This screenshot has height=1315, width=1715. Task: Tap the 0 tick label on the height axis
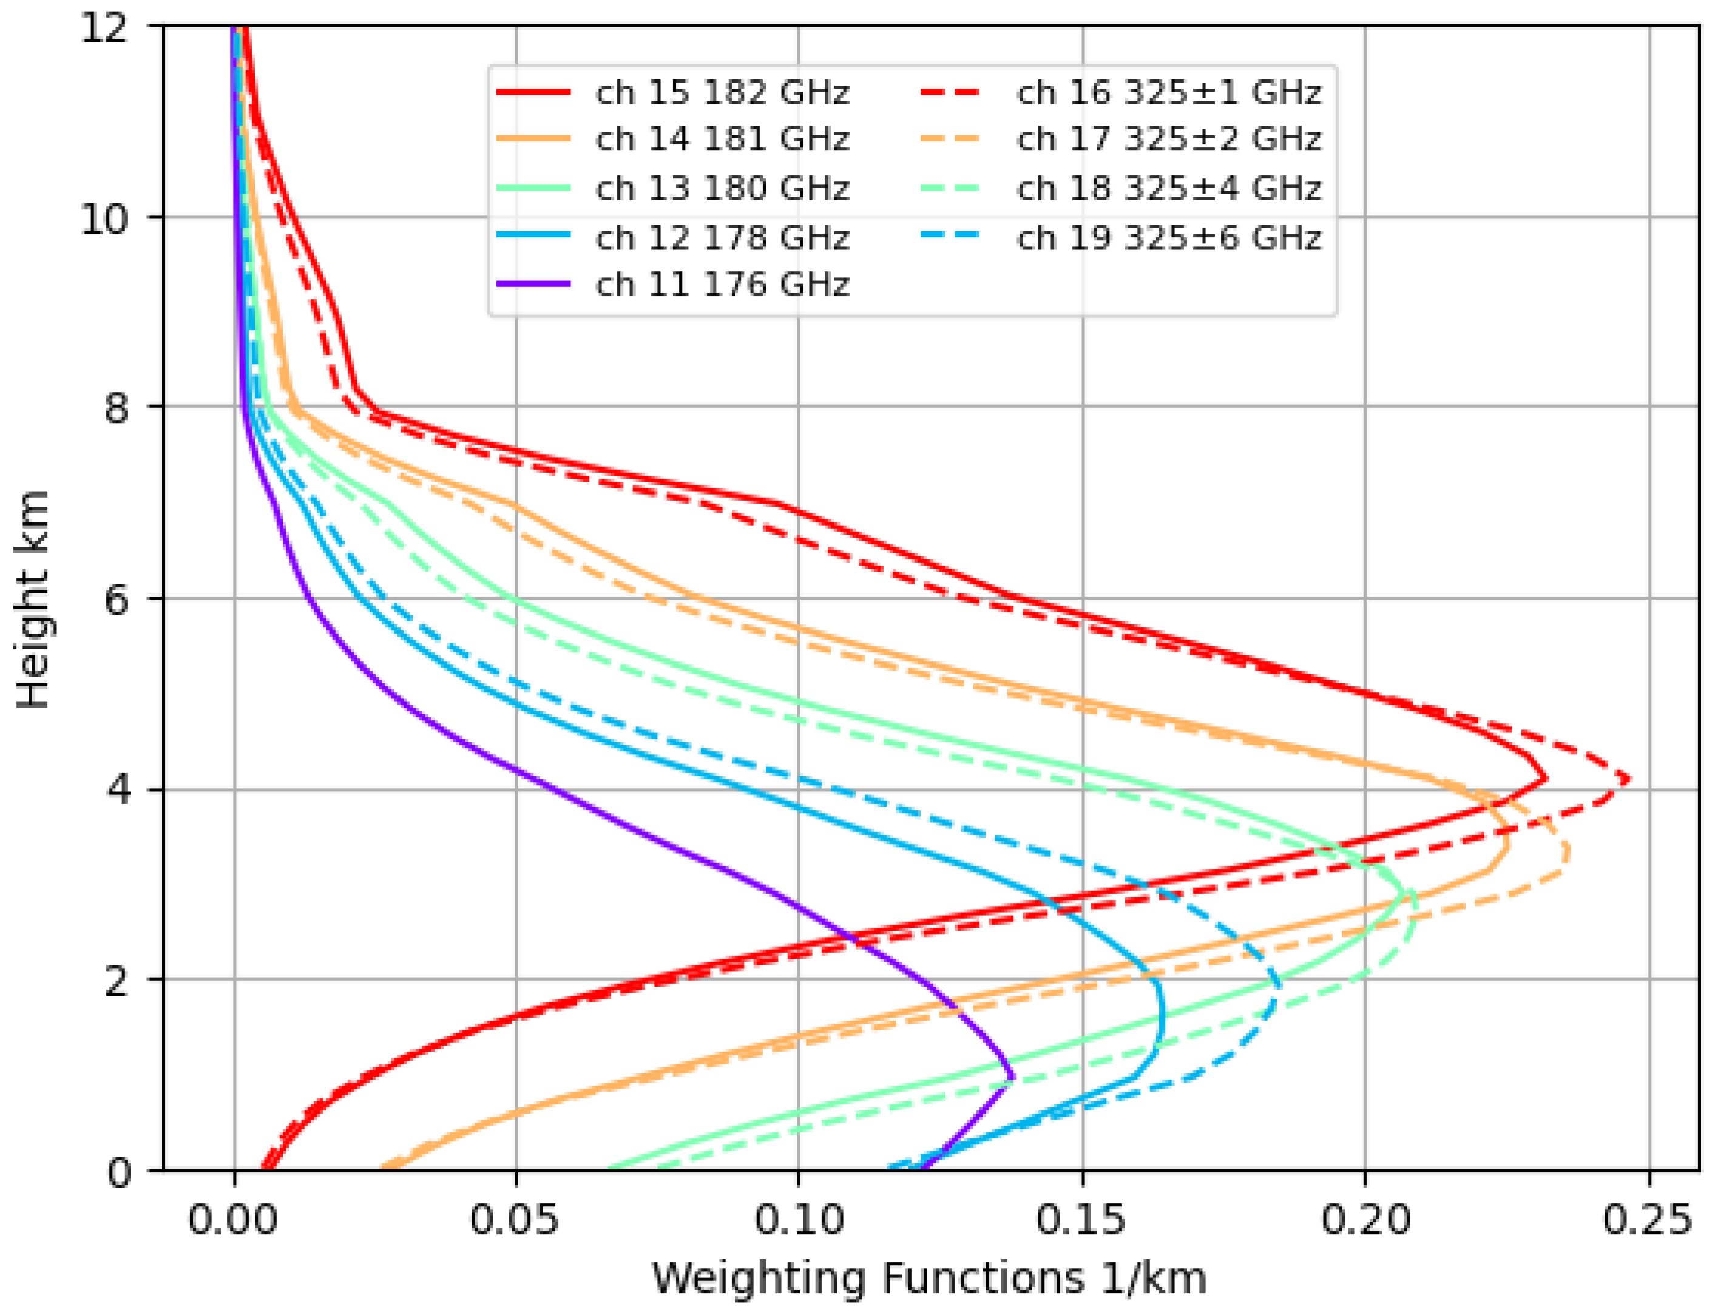tap(119, 1172)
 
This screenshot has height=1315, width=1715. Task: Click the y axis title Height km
tap(33, 600)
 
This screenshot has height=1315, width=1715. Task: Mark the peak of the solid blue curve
tap(1163, 1018)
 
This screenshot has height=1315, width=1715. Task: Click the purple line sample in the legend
tap(533, 284)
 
